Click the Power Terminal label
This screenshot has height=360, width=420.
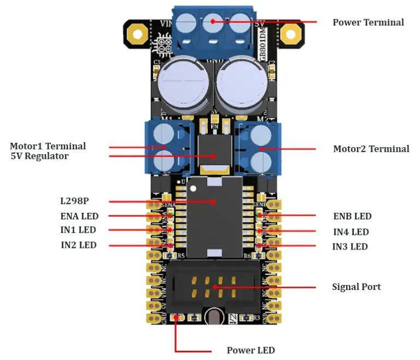click(x=368, y=22)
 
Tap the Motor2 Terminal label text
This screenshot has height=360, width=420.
click(x=371, y=149)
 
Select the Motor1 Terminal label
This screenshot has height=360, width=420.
click(x=48, y=146)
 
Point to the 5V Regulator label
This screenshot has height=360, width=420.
click(x=39, y=156)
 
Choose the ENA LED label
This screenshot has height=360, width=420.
click(x=79, y=216)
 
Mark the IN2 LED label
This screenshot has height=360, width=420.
click(x=79, y=245)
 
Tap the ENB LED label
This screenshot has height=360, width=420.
click(x=352, y=216)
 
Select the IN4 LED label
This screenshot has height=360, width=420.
click(x=351, y=232)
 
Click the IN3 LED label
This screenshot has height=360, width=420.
click(x=350, y=247)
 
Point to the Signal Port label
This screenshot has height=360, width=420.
click(x=356, y=287)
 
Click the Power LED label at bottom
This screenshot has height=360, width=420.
click(x=250, y=350)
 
